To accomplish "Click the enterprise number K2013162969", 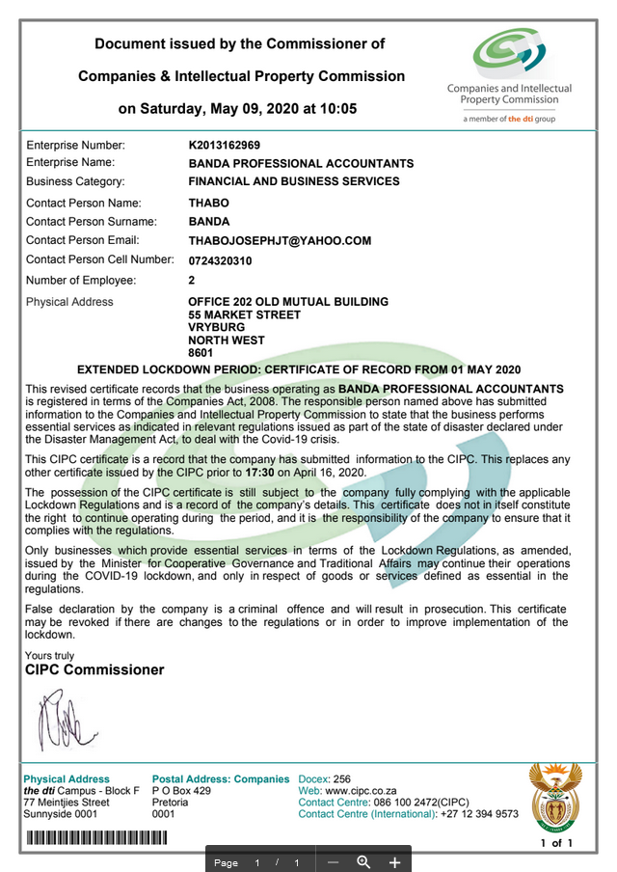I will (224, 145).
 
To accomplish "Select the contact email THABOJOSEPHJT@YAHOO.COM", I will (280, 241).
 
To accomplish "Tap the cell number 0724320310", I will (220, 260).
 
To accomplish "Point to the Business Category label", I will (75, 181).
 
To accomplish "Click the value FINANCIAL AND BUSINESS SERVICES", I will (293, 181).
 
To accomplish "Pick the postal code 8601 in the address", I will (200, 354).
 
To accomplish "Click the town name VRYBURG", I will (217, 328).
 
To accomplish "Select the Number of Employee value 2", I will (192, 281).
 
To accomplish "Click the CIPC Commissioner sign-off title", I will (94, 669).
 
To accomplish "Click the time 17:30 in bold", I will (261, 473).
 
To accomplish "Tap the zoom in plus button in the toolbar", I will (394, 861).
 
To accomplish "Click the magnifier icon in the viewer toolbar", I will (363, 861).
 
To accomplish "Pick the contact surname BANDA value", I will (210, 222).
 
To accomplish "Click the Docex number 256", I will (341, 779).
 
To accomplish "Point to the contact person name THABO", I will (209, 204).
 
